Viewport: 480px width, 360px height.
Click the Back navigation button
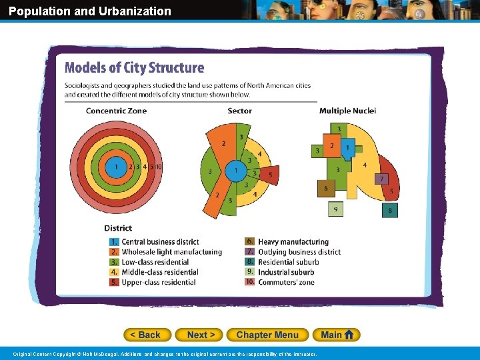[x=147, y=335]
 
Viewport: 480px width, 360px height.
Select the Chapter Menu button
[x=267, y=335]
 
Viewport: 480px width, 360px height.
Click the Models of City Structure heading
[x=134, y=68]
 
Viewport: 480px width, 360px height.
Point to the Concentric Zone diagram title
[x=116, y=111]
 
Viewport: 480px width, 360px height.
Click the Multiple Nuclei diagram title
[x=347, y=111]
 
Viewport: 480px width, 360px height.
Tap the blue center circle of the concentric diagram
[x=116, y=167]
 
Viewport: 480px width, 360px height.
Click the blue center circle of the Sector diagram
[x=235, y=171]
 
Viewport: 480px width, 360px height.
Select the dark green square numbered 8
[x=390, y=211]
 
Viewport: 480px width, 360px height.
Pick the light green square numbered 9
[x=335, y=209]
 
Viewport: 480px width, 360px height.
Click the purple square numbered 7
[x=381, y=179]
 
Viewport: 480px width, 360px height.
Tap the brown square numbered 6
[x=325, y=189]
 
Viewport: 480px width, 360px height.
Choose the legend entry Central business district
[x=160, y=242]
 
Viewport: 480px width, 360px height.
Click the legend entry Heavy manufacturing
[x=293, y=242]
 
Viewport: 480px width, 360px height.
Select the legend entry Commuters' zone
[x=286, y=282]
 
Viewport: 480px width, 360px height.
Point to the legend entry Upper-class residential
[x=159, y=282]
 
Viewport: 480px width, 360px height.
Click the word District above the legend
[x=118, y=228]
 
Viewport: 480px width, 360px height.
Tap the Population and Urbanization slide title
[x=90, y=11]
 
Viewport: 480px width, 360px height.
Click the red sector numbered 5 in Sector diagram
[x=269, y=175]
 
